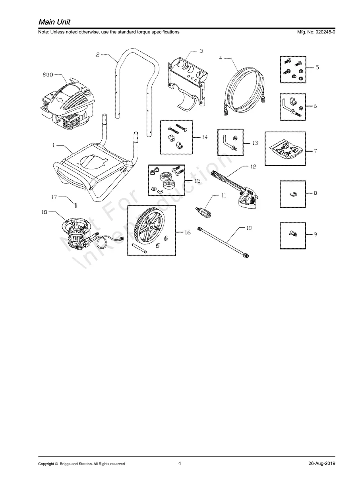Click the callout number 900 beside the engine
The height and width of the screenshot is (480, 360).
pos(48,74)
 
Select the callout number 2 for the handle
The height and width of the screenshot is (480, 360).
pos(98,55)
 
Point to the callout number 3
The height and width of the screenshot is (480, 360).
pos(201,51)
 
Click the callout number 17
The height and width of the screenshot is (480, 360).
pos(54,196)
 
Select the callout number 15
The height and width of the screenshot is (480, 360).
pos(197,180)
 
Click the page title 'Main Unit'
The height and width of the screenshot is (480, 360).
pos(54,21)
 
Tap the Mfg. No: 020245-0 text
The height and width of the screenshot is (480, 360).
pos(313,32)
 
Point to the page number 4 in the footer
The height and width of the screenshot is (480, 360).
pos(180,463)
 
